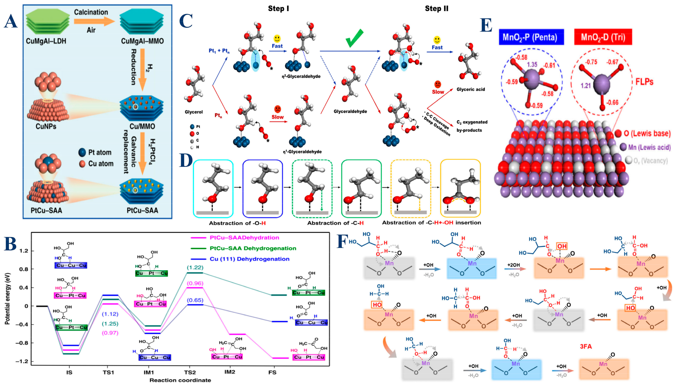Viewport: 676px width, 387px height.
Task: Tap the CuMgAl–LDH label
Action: (x=46, y=41)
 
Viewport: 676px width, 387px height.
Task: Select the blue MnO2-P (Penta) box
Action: (x=531, y=37)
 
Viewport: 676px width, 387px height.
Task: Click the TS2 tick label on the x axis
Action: (x=190, y=372)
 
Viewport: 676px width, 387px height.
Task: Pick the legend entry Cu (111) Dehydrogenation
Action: (x=249, y=259)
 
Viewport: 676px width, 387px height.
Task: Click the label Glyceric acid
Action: (x=471, y=89)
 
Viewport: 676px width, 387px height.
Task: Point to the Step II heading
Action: (x=437, y=9)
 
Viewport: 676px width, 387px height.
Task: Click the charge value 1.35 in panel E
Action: (x=532, y=65)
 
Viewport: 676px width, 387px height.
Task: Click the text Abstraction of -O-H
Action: (x=237, y=223)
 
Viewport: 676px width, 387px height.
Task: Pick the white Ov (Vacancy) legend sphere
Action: (x=629, y=160)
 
